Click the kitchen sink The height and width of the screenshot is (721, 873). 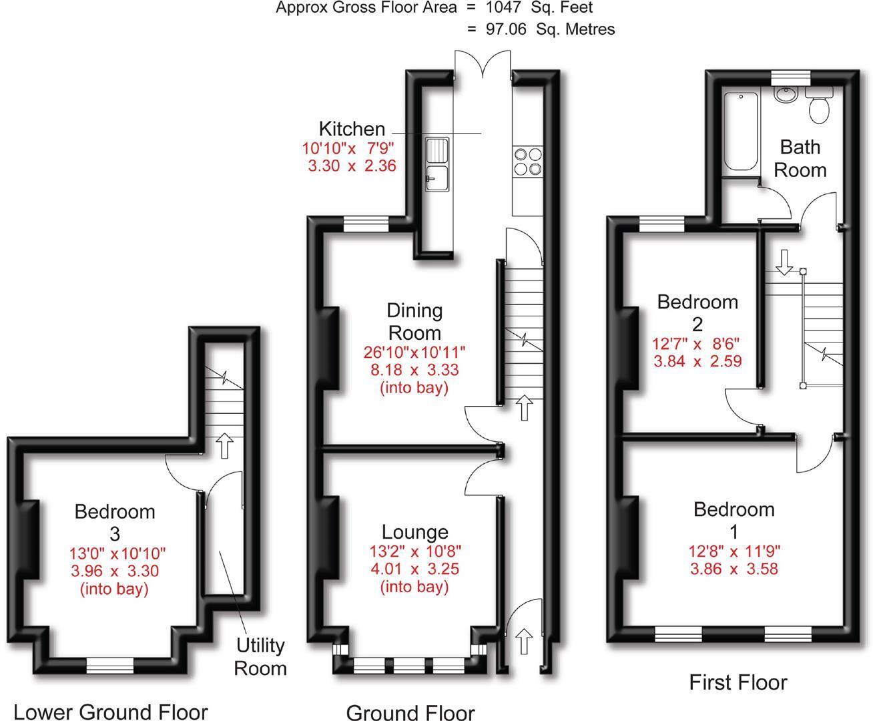coord(437,164)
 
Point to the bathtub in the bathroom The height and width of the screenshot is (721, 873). coord(740,133)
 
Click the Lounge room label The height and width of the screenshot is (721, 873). coord(414,532)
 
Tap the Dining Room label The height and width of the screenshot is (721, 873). coord(414,321)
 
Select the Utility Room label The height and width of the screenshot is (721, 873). coord(260,657)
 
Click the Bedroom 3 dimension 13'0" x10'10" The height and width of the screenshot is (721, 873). coord(117,553)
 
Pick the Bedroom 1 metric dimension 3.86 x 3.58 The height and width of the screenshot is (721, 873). coord(734,569)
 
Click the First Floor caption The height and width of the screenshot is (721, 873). coord(738,682)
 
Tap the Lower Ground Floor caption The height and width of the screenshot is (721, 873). coord(110,712)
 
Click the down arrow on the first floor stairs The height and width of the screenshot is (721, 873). coord(784,262)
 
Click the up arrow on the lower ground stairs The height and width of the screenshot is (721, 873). coord(224,445)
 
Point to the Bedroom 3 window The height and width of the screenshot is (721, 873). coord(109,664)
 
